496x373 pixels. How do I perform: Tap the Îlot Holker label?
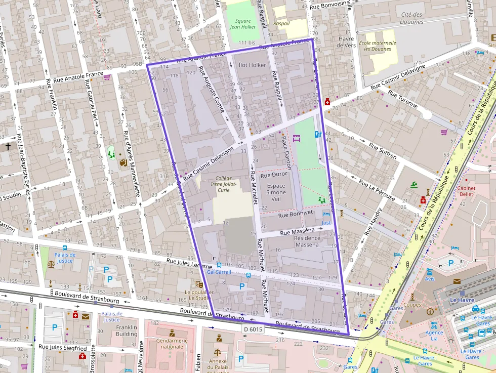click(252, 65)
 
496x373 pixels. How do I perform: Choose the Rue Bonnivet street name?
click(288, 215)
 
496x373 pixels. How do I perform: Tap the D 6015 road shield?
click(253, 329)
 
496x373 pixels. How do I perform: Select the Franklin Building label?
click(127, 330)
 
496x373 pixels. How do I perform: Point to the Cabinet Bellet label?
click(466, 191)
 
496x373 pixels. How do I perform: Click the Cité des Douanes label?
click(411, 18)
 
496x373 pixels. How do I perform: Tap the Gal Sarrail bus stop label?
click(219, 272)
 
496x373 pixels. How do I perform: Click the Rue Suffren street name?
click(383, 150)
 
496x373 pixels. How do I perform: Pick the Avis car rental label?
click(430, 279)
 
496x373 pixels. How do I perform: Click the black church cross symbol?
click(8, 147)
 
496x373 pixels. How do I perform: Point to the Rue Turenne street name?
click(403, 100)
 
